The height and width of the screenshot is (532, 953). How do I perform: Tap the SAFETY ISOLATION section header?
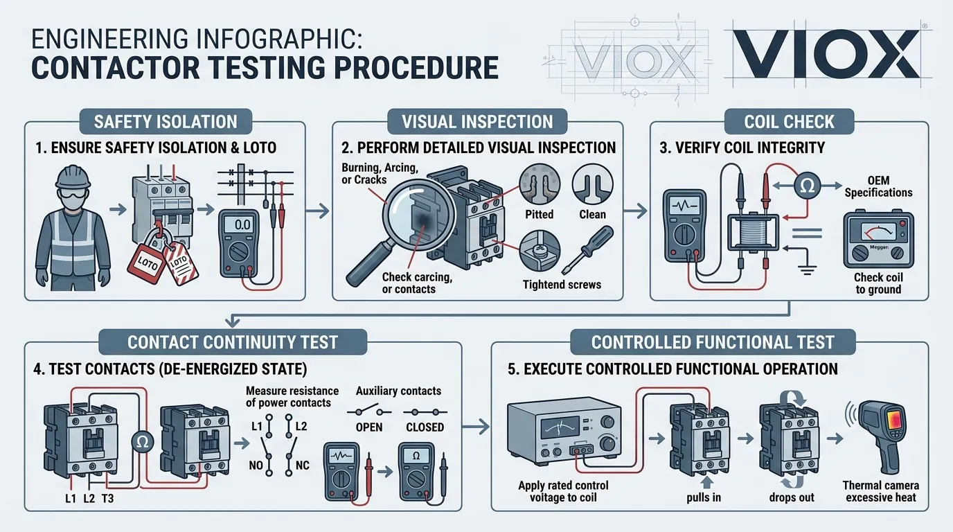click(x=166, y=122)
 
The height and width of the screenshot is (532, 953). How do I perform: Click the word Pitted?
click(x=539, y=215)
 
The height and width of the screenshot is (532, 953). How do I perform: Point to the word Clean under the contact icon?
click(x=592, y=215)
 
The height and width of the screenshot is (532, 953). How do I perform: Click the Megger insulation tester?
click(x=878, y=240)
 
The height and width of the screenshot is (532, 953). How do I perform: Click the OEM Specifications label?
click(x=878, y=186)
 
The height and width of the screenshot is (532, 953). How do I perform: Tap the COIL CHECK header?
click(x=789, y=122)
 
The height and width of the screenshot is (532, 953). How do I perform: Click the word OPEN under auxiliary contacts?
click(x=368, y=427)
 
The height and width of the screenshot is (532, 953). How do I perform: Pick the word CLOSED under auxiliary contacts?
click(x=425, y=427)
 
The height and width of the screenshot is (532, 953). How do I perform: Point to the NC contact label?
click(x=303, y=465)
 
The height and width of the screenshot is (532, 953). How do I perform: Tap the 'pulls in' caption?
click(x=703, y=497)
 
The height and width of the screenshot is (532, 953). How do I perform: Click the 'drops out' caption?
click(x=792, y=497)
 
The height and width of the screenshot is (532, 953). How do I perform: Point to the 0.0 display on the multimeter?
click(x=243, y=225)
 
